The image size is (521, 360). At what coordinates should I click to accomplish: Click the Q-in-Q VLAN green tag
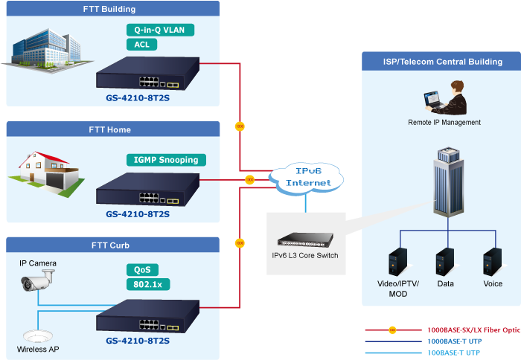(x=160, y=30)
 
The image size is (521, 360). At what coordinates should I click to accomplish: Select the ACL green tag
(x=141, y=45)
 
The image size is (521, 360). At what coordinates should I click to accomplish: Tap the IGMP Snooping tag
(x=166, y=160)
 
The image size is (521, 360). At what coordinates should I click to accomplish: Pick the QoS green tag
(x=141, y=270)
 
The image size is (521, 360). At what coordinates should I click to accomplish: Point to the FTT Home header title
(x=110, y=129)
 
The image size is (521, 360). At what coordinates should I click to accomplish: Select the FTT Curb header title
(x=110, y=245)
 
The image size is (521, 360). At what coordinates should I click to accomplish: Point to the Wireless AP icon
(x=35, y=335)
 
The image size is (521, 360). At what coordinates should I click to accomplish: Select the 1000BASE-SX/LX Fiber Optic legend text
(x=473, y=330)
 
